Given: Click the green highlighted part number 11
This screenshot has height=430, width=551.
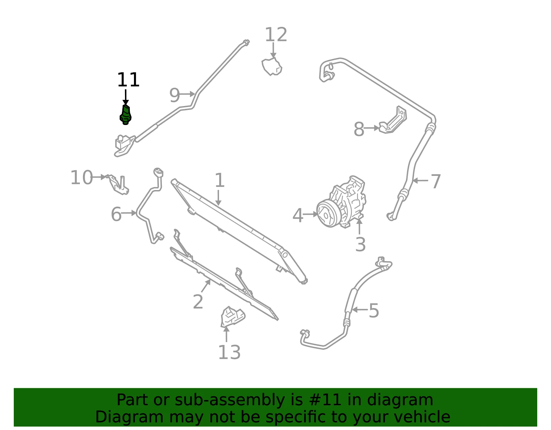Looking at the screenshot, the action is tap(125, 115).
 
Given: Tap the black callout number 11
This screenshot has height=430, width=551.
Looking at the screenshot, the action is tap(128, 80).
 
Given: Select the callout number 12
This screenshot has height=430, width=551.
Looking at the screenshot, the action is tap(276, 35).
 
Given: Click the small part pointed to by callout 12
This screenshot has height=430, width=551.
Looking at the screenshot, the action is tap(272, 67).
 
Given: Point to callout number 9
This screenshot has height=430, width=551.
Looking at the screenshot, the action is tap(175, 95).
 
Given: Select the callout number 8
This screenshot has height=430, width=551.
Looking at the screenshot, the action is tap(359, 129).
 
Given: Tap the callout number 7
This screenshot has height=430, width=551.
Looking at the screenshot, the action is tap(436, 181).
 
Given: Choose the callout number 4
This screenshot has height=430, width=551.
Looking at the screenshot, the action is tap(298, 216).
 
